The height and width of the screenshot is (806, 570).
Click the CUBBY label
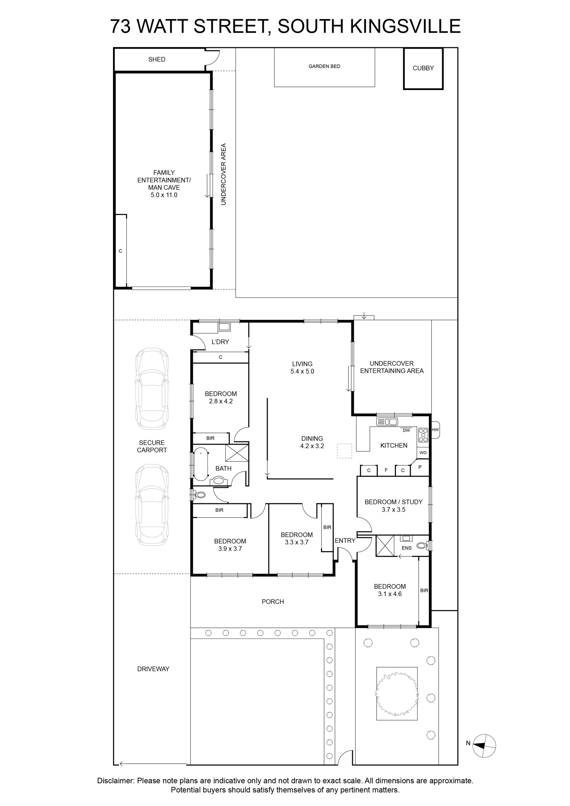pyautogui.click(x=423, y=68)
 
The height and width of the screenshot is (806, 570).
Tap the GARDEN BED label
pyautogui.click(x=324, y=66)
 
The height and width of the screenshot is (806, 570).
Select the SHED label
pyautogui.click(x=156, y=59)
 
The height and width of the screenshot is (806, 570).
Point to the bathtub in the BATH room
pyautogui.click(x=201, y=464)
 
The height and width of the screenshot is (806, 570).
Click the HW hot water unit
pyautogui.click(x=435, y=430)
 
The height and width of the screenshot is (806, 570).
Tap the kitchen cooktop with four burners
pyautogui.click(x=423, y=435)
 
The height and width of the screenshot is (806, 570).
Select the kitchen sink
pyautogui.click(x=387, y=422)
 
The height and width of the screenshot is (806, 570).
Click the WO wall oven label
pyautogui.click(x=423, y=452)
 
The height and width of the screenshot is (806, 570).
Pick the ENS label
pyautogui.click(x=406, y=548)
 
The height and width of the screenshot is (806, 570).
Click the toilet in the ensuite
pyautogui.click(x=423, y=546)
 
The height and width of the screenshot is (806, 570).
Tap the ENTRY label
pyautogui.click(x=345, y=541)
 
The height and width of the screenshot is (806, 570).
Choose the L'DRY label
pyautogui.click(x=220, y=342)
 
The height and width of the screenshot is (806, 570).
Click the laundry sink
pyautogui.click(x=224, y=327)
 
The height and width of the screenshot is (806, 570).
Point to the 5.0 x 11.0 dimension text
pyautogui.click(x=164, y=195)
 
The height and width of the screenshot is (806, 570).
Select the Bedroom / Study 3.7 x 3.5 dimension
pyautogui.click(x=393, y=510)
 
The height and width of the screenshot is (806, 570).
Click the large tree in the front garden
pyautogui.click(x=397, y=694)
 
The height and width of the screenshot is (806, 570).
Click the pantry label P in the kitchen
pyautogui.click(x=420, y=468)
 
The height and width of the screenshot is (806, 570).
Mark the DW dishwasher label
pyautogui.click(x=406, y=430)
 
